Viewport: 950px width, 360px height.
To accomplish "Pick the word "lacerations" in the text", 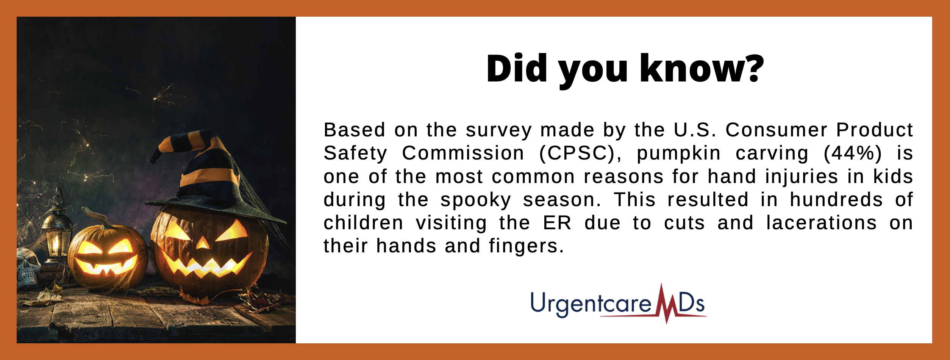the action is (x=821, y=223).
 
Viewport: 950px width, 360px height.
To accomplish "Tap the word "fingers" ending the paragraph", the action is (x=523, y=247).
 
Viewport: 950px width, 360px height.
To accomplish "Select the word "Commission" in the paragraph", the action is (x=463, y=153).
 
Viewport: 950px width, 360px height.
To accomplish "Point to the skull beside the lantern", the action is (x=28, y=268).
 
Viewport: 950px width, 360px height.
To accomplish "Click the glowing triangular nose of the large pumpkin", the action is (x=203, y=243).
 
